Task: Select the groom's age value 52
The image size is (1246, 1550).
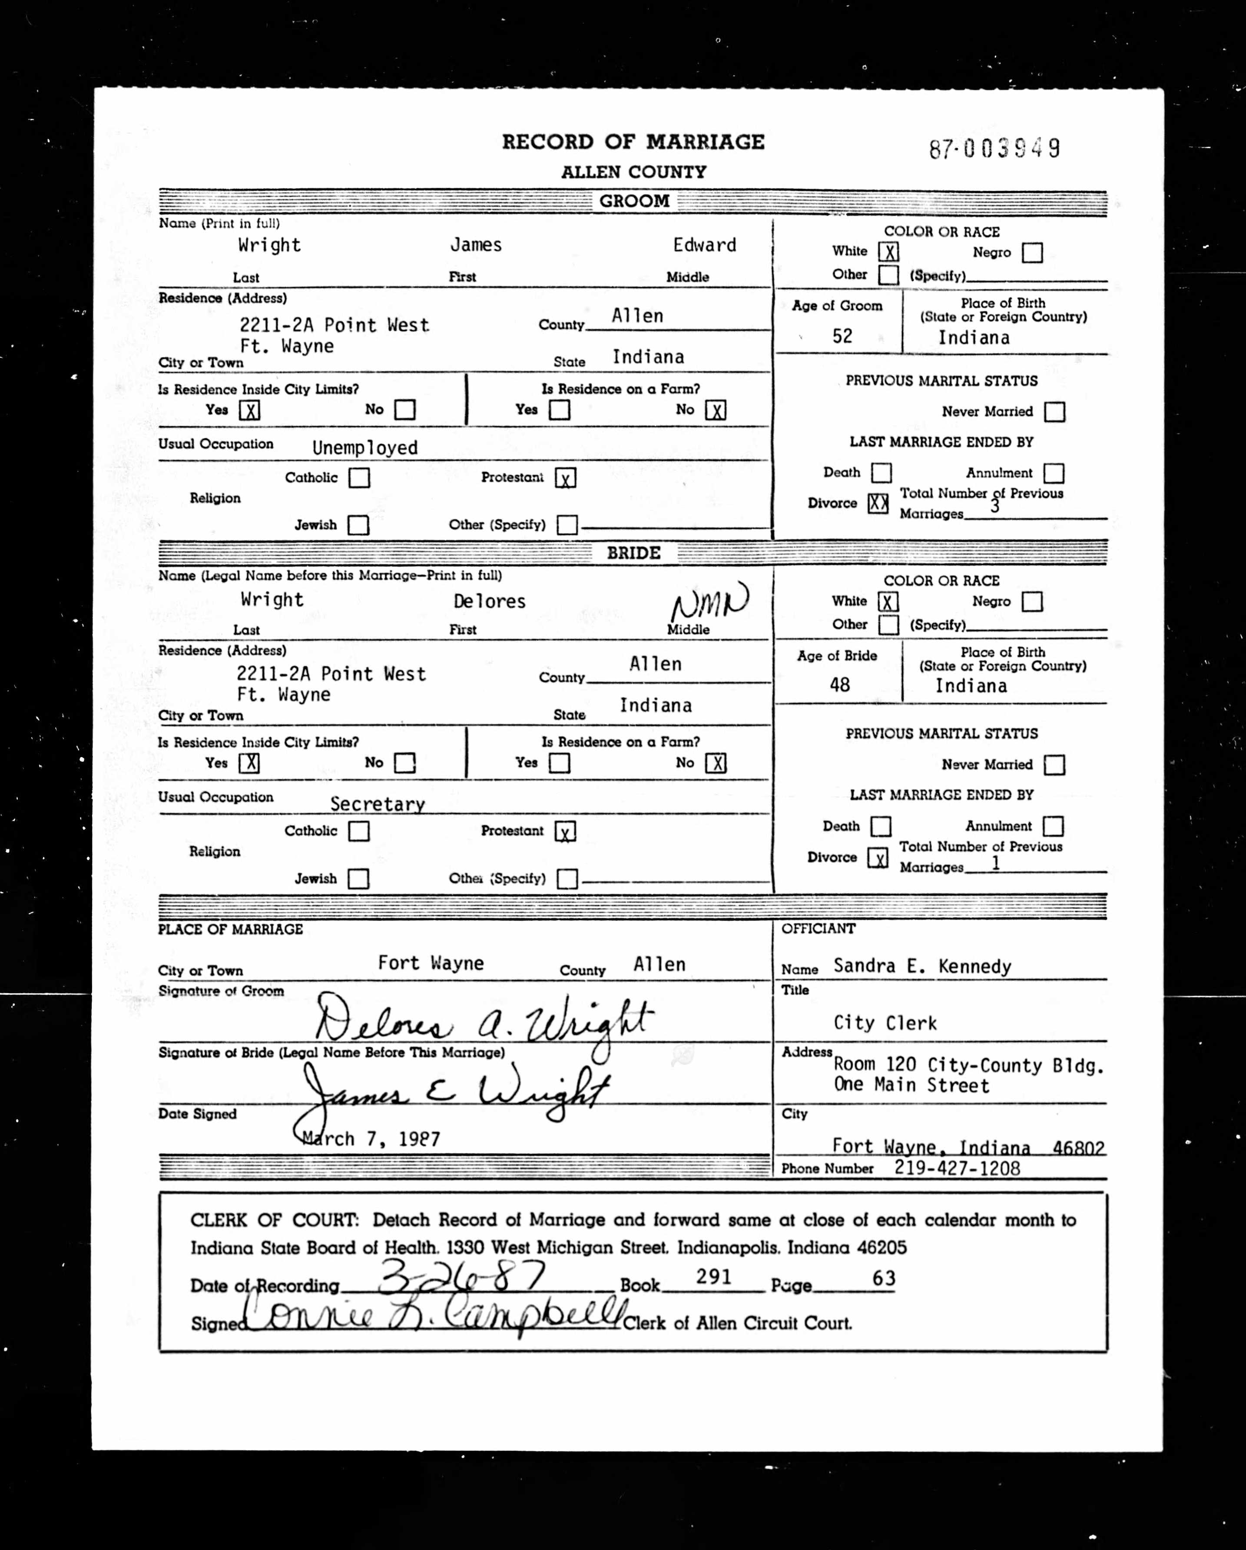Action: (842, 336)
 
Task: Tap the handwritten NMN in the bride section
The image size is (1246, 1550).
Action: (709, 601)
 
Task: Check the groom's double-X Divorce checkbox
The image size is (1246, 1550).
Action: (878, 503)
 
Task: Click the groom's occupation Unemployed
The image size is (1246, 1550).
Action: (365, 448)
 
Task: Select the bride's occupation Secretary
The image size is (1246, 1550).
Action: (378, 804)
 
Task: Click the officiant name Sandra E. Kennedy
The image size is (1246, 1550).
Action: (922, 966)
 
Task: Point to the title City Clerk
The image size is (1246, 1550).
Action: (885, 1023)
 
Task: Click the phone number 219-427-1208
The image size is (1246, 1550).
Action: (957, 1168)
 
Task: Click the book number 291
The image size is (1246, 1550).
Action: (713, 1277)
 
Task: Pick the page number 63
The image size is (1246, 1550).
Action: (884, 1278)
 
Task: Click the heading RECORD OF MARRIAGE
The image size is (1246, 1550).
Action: (633, 142)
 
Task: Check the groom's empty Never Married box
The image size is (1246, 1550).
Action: (1054, 412)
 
